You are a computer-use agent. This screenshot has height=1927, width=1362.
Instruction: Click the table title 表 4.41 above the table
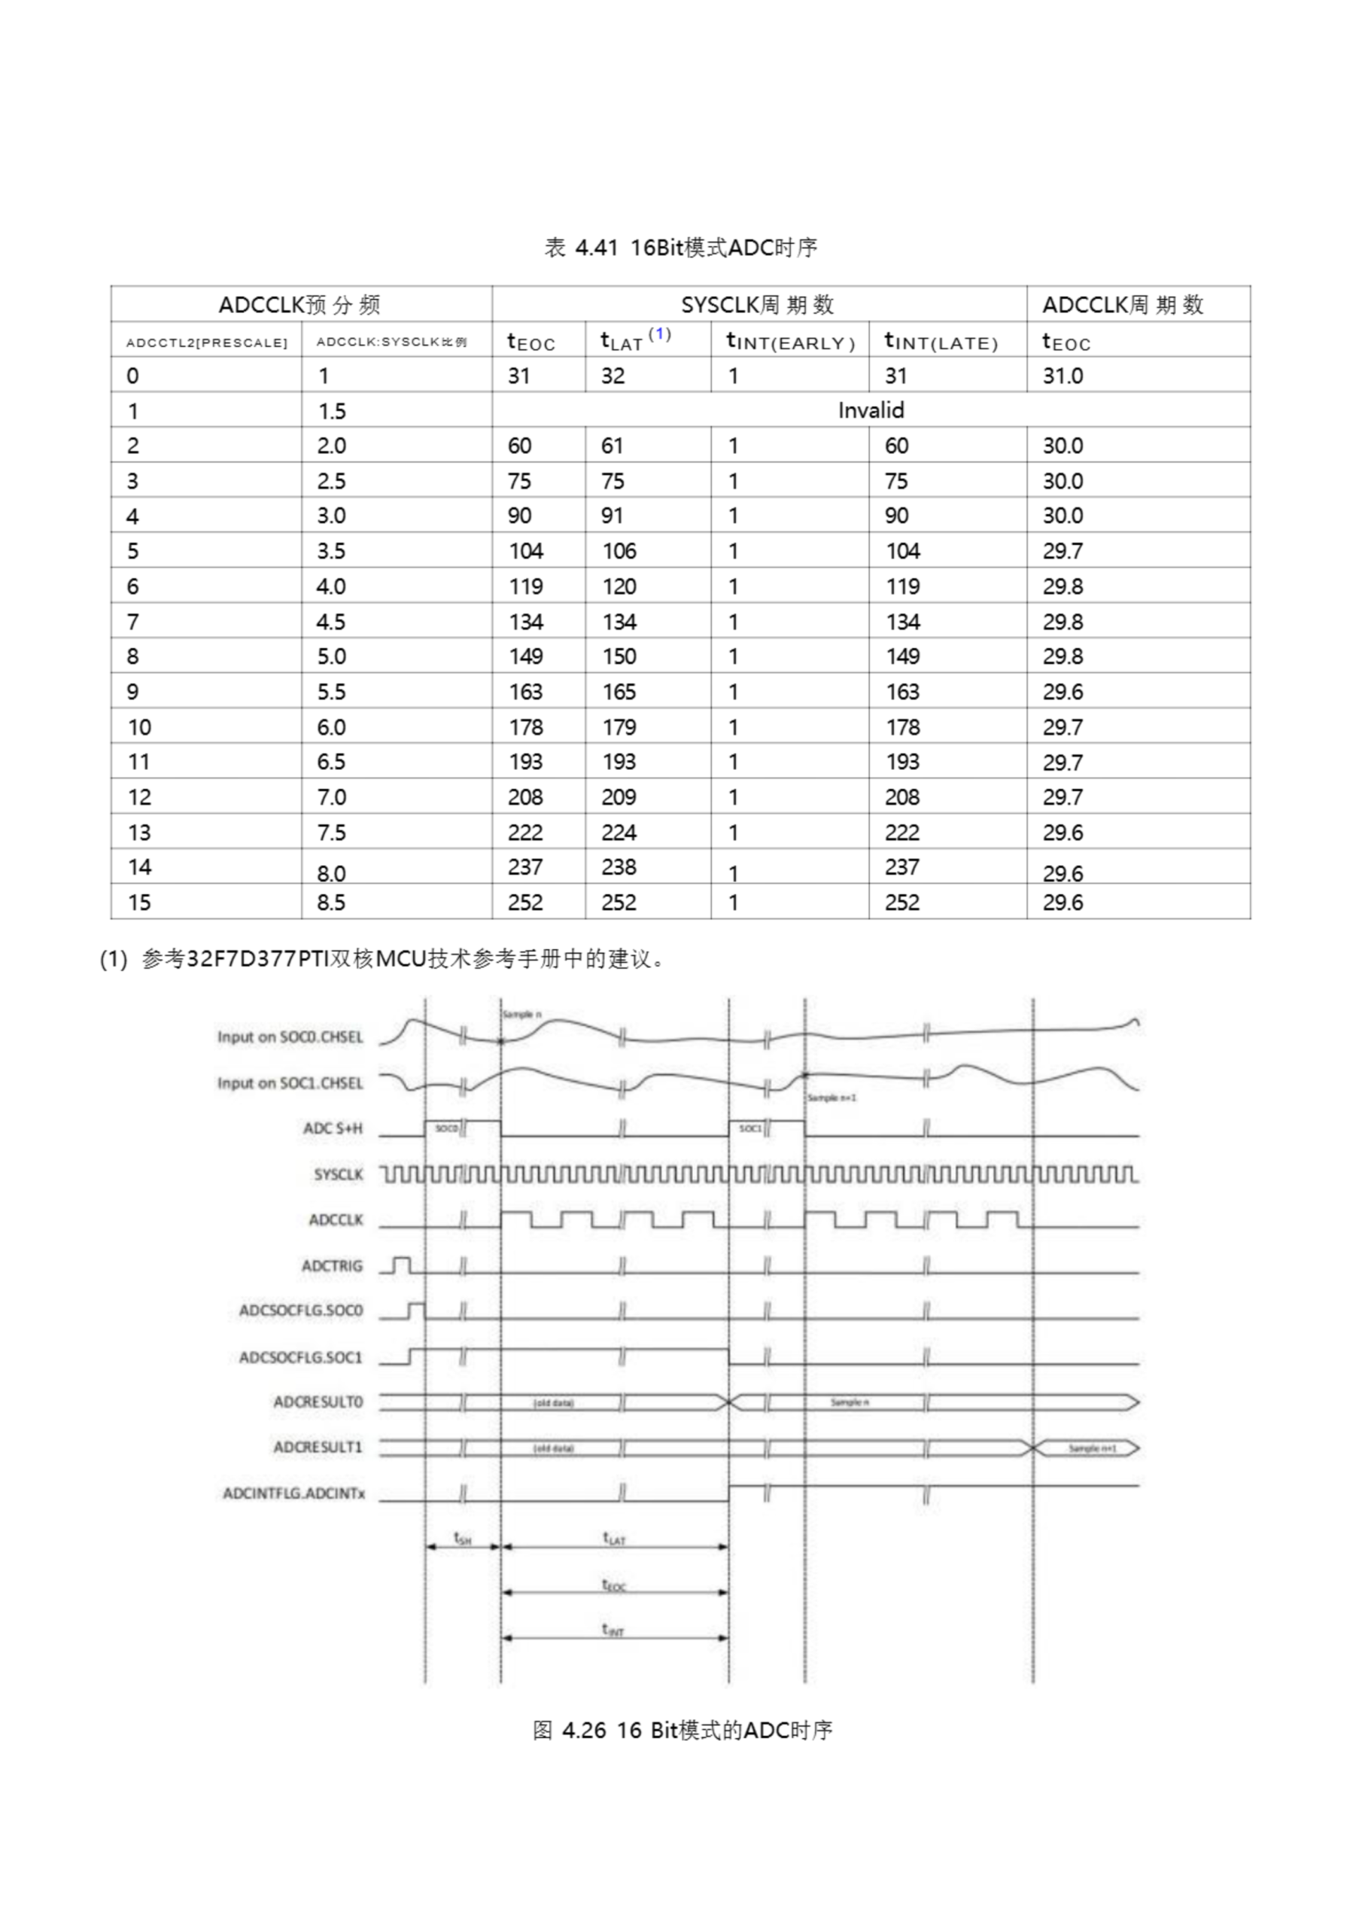[680, 248]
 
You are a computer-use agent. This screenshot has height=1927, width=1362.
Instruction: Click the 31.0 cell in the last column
[1063, 376]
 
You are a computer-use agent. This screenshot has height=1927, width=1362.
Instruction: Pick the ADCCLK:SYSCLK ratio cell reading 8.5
[332, 903]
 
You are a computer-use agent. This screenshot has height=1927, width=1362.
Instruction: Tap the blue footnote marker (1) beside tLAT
[660, 334]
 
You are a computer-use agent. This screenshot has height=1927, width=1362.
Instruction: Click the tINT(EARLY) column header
[789, 342]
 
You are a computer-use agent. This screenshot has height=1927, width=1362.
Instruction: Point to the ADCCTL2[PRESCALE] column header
[206, 342]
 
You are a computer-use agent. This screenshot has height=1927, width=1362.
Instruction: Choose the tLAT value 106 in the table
[619, 552]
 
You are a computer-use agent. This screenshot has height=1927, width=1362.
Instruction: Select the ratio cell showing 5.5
[332, 693]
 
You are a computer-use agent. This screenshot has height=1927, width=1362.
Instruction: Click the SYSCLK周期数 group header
[758, 305]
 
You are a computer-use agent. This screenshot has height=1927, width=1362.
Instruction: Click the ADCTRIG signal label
[333, 1265]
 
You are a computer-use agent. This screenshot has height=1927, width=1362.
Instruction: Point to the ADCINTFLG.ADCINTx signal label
[293, 1494]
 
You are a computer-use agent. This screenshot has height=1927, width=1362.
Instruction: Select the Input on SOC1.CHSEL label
[290, 1083]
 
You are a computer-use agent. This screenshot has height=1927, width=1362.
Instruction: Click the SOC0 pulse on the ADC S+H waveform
[446, 1129]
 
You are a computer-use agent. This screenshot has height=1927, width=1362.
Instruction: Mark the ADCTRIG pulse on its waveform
[402, 1264]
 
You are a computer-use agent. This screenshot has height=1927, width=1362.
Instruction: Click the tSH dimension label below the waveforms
[462, 1539]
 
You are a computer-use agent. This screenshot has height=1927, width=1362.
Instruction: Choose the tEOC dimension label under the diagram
[614, 1585]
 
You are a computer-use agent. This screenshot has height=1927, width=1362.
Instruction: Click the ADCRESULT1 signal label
[318, 1447]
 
